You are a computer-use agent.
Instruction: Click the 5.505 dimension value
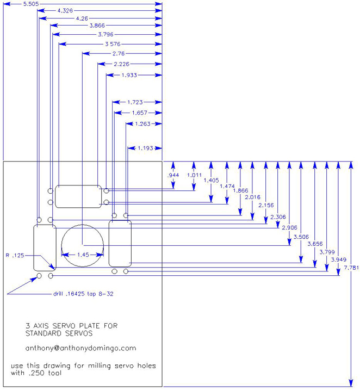click(31, 4)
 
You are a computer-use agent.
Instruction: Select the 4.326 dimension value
click(65, 10)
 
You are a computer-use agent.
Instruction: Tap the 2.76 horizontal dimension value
click(119, 53)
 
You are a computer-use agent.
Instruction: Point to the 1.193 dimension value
click(145, 148)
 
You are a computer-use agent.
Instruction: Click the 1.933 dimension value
click(129, 75)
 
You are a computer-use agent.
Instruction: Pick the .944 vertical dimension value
click(173, 175)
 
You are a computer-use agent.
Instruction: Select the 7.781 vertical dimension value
click(351, 268)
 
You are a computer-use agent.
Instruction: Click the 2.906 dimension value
click(290, 227)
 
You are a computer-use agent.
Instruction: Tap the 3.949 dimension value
click(339, 259)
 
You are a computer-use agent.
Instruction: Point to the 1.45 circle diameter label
click(83, 255)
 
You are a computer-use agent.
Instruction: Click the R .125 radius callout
click(15, 255)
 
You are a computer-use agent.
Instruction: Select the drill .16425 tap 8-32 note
click(83, 294)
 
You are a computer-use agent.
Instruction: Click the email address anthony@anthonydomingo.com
click(81, 348)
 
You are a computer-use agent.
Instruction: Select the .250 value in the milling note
click(37, 373)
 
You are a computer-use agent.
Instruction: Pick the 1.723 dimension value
click(135, 102)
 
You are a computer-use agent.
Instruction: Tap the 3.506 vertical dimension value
click(301, 237)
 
